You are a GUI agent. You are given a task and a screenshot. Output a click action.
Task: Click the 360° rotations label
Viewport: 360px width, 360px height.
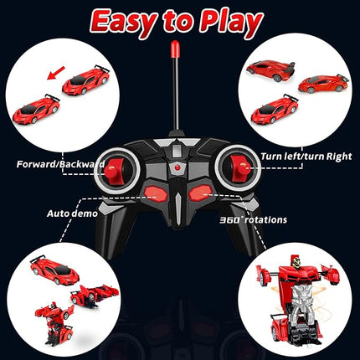coord(254,219)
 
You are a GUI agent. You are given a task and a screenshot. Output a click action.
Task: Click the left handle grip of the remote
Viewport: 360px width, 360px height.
coord(116,243)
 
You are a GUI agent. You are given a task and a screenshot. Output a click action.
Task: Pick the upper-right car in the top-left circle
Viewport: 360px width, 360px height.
coord(86,82)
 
